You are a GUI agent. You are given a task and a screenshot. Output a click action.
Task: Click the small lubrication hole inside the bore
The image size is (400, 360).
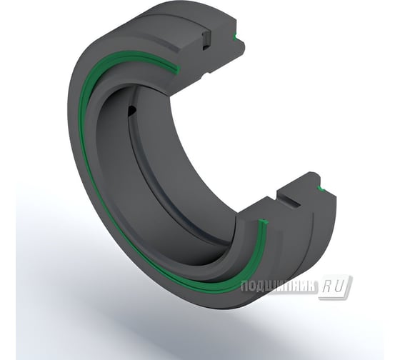pyautogui.click(x=130, y=109)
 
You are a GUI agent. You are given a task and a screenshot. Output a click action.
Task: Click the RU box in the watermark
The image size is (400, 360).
pyautogui.click(x=334, y=287)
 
